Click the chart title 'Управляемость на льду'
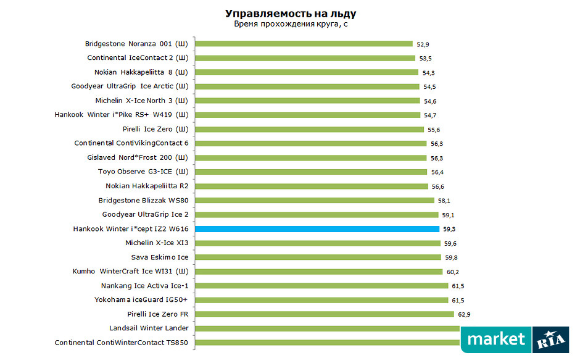[x=290, y=13]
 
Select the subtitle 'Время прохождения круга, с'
[x=290, y=25]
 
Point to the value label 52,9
[x=423, y=44]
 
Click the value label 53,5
[x=425, y=59]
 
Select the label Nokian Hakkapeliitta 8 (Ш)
[x=141, y=72]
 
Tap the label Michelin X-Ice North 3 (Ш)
[x=142, y=101]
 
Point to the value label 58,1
[x=444, y=201]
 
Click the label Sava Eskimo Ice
[x=160, y=257]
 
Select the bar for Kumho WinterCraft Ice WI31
[x=319, y=271]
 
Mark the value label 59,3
[x=449, y=229]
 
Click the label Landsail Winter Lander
[x=149, y=328]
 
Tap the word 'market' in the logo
[x=496, y=339]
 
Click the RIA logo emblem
[x=550, y=339]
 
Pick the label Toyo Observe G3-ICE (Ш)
[x=143, y=172]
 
